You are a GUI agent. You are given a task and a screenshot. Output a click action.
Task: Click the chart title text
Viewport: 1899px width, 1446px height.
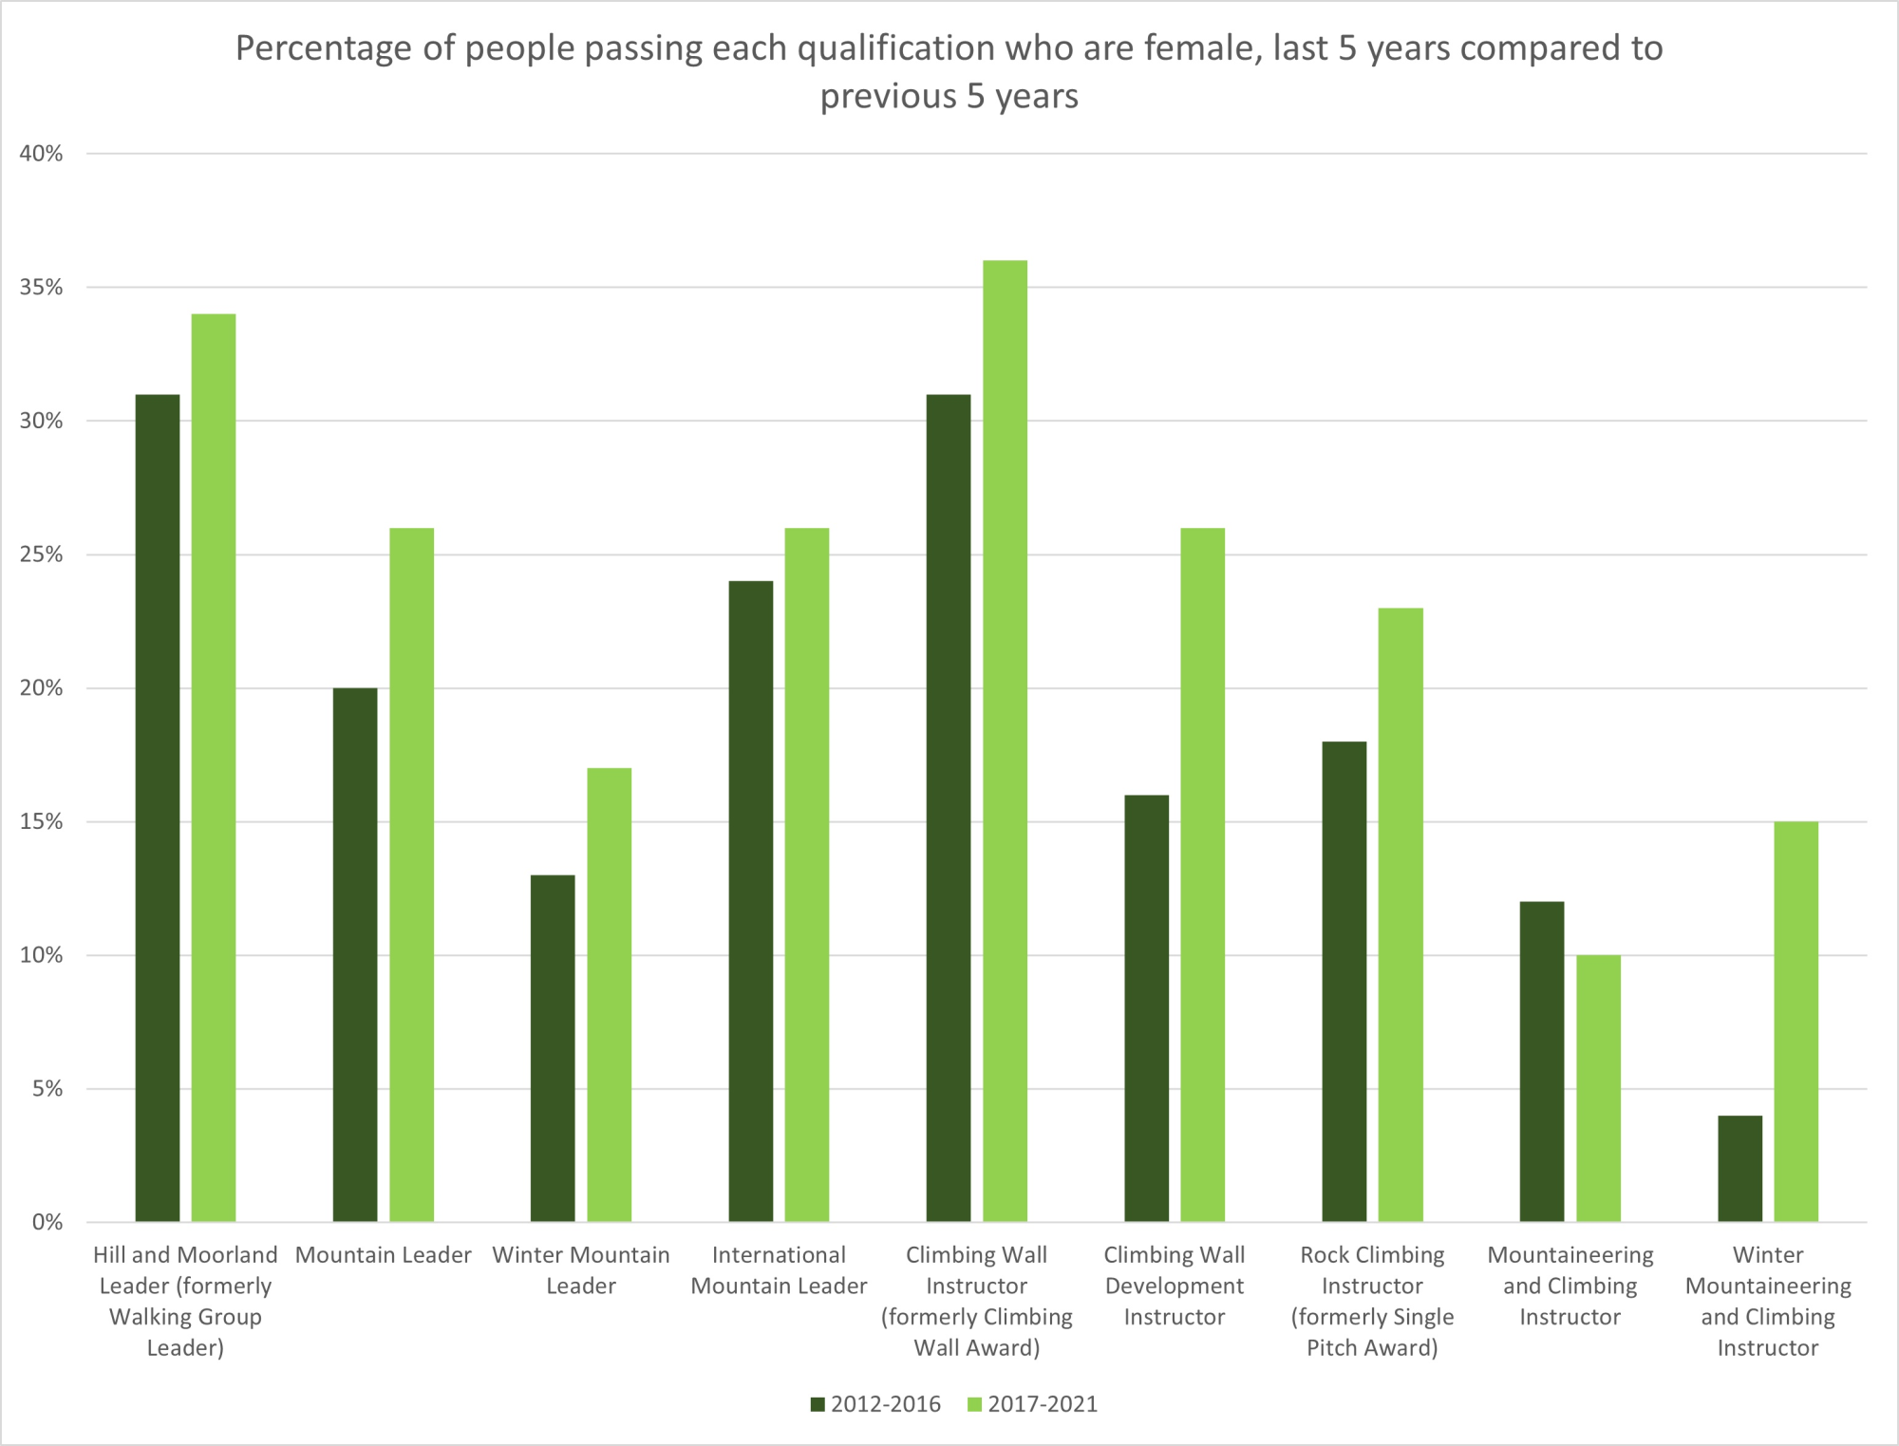click(x=949, y=71)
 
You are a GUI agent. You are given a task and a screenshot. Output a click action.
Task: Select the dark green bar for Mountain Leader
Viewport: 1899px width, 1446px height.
click(x=355, y=954)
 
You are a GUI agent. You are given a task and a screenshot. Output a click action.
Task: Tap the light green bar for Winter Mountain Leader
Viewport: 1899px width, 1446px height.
click(x=609, y=994)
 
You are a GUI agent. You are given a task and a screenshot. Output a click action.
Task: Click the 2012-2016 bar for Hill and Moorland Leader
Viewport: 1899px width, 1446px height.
click(x=158, y=807)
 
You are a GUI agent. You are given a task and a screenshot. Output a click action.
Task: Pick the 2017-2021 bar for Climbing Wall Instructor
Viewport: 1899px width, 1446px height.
click(x=1005, y=741)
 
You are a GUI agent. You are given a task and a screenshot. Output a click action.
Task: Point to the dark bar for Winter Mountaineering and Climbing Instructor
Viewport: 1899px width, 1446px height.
click(x=1739, y=1168)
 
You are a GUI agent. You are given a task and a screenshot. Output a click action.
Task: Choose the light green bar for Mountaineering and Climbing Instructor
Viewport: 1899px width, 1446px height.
click(x=1598, y=1088)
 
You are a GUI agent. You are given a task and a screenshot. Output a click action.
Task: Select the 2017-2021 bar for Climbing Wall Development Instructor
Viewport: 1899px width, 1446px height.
click(x=1202, y=873)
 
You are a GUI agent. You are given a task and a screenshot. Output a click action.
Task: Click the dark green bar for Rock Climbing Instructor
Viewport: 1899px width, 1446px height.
click(x=1344, y=981)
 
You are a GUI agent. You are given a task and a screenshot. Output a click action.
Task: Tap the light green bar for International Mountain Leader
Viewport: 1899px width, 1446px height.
click(x=806, y=873)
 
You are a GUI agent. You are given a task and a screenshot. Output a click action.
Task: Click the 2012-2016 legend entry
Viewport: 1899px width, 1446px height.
click(x=874, y=1404)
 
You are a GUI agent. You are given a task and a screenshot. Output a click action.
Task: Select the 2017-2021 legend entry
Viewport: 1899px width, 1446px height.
click(x=1032, y=1404)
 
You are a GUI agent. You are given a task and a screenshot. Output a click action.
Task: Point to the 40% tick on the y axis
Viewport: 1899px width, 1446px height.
click(x=41, y=154)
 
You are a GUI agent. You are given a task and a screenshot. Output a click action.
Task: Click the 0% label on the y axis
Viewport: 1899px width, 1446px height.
click(x=47, y=1222)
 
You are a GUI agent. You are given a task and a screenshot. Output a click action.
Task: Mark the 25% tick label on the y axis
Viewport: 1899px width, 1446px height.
click(x=41, y=554)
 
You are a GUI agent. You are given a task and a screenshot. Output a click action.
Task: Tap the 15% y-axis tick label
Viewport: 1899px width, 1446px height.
click(x=41, y=821)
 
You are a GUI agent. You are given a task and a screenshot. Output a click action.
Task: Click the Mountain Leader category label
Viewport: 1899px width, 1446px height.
click(x=383, y=1255)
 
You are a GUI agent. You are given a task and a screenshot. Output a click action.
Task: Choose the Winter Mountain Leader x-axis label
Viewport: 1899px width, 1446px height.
click(x=581, y=1270)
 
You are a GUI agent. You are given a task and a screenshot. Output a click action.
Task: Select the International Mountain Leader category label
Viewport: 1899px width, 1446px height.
click(x=779, y=1270)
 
